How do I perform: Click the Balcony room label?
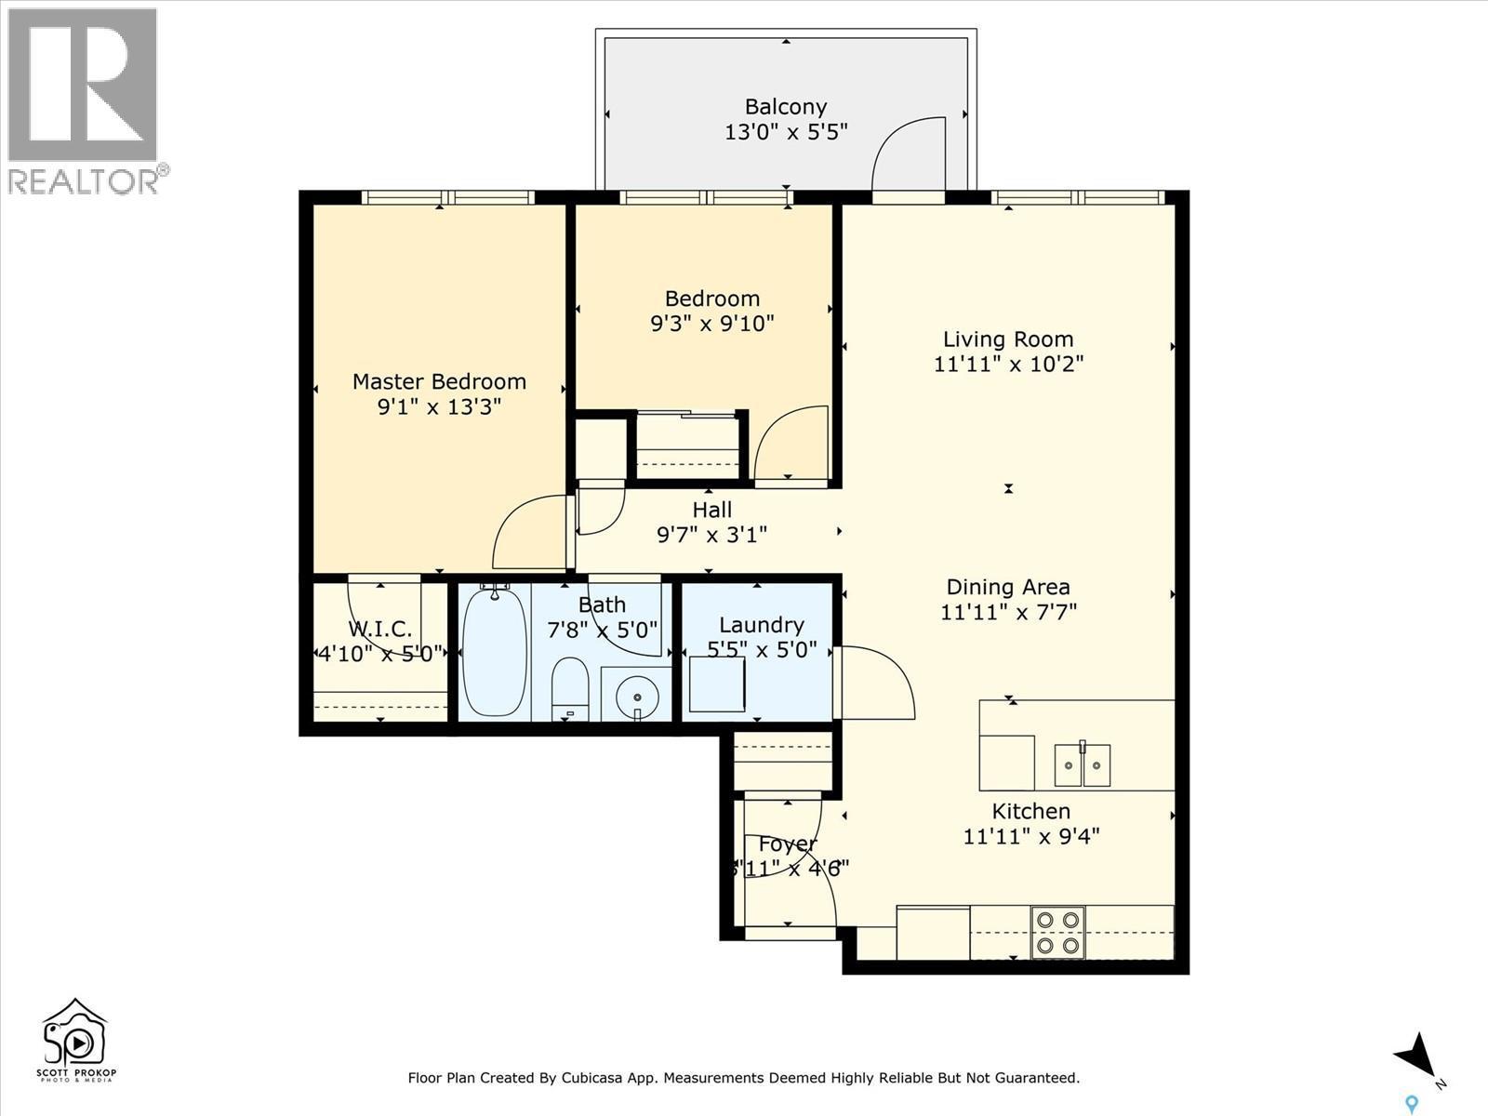pos(786,107)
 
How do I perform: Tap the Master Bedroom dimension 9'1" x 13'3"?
pos(439,407)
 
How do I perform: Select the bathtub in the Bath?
pos(495,651)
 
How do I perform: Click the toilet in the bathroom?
pos(569,688)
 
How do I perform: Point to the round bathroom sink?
pos(637,695)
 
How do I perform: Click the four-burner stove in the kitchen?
pos(1058,932)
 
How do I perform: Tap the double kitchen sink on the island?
pos(1083,764)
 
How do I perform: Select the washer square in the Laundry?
pos(717,684)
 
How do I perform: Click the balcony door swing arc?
pos(907,153)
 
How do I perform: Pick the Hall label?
pos(711,510)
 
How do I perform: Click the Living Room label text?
pos(1008,339)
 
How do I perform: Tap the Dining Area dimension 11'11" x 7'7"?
pos(1008,612)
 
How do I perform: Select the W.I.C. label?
pos(379,629)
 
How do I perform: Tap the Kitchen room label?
pos(1030,811)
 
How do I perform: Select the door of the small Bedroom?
pos(792,445)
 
